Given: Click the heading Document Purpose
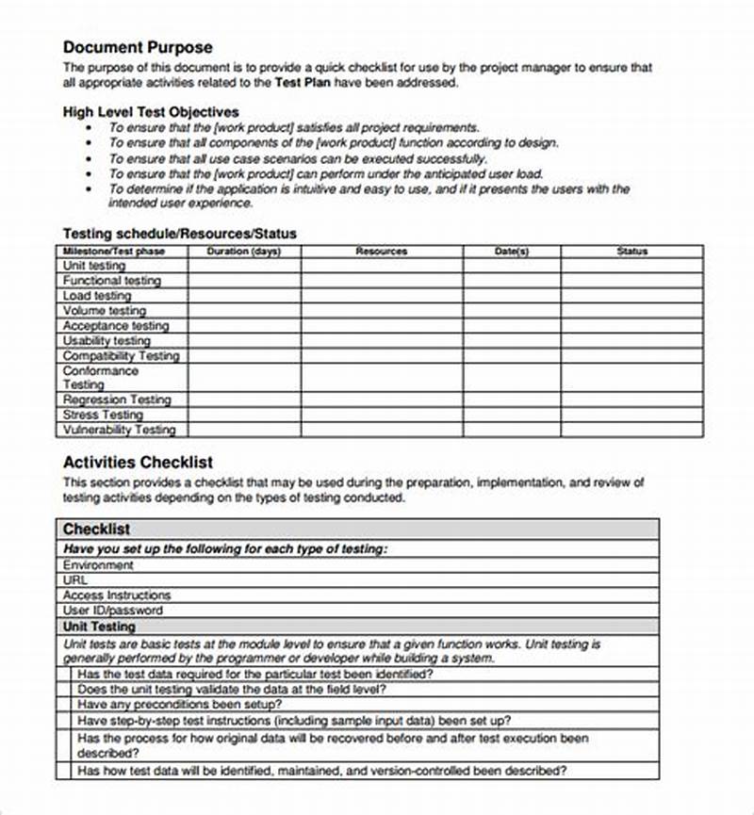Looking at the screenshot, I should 138,47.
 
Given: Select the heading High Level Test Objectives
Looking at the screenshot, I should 151,111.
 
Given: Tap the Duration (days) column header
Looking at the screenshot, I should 244,252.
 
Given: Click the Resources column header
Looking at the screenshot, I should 382,252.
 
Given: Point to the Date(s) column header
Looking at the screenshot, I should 512,252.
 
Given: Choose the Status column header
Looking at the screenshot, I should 632,252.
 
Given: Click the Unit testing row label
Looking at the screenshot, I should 94,266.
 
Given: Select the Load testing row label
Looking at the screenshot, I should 97,296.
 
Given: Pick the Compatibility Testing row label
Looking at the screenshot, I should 121,356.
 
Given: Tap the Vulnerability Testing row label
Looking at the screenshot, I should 120,430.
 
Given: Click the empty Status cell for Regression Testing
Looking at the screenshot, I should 632,399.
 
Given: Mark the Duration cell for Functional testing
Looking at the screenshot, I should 244,281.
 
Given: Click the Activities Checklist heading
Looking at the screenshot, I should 138,463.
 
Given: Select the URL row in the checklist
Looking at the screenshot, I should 74,580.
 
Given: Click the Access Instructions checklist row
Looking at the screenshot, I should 117,595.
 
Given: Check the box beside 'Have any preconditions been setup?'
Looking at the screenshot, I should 63,705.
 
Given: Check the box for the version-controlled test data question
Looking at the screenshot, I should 63,771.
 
